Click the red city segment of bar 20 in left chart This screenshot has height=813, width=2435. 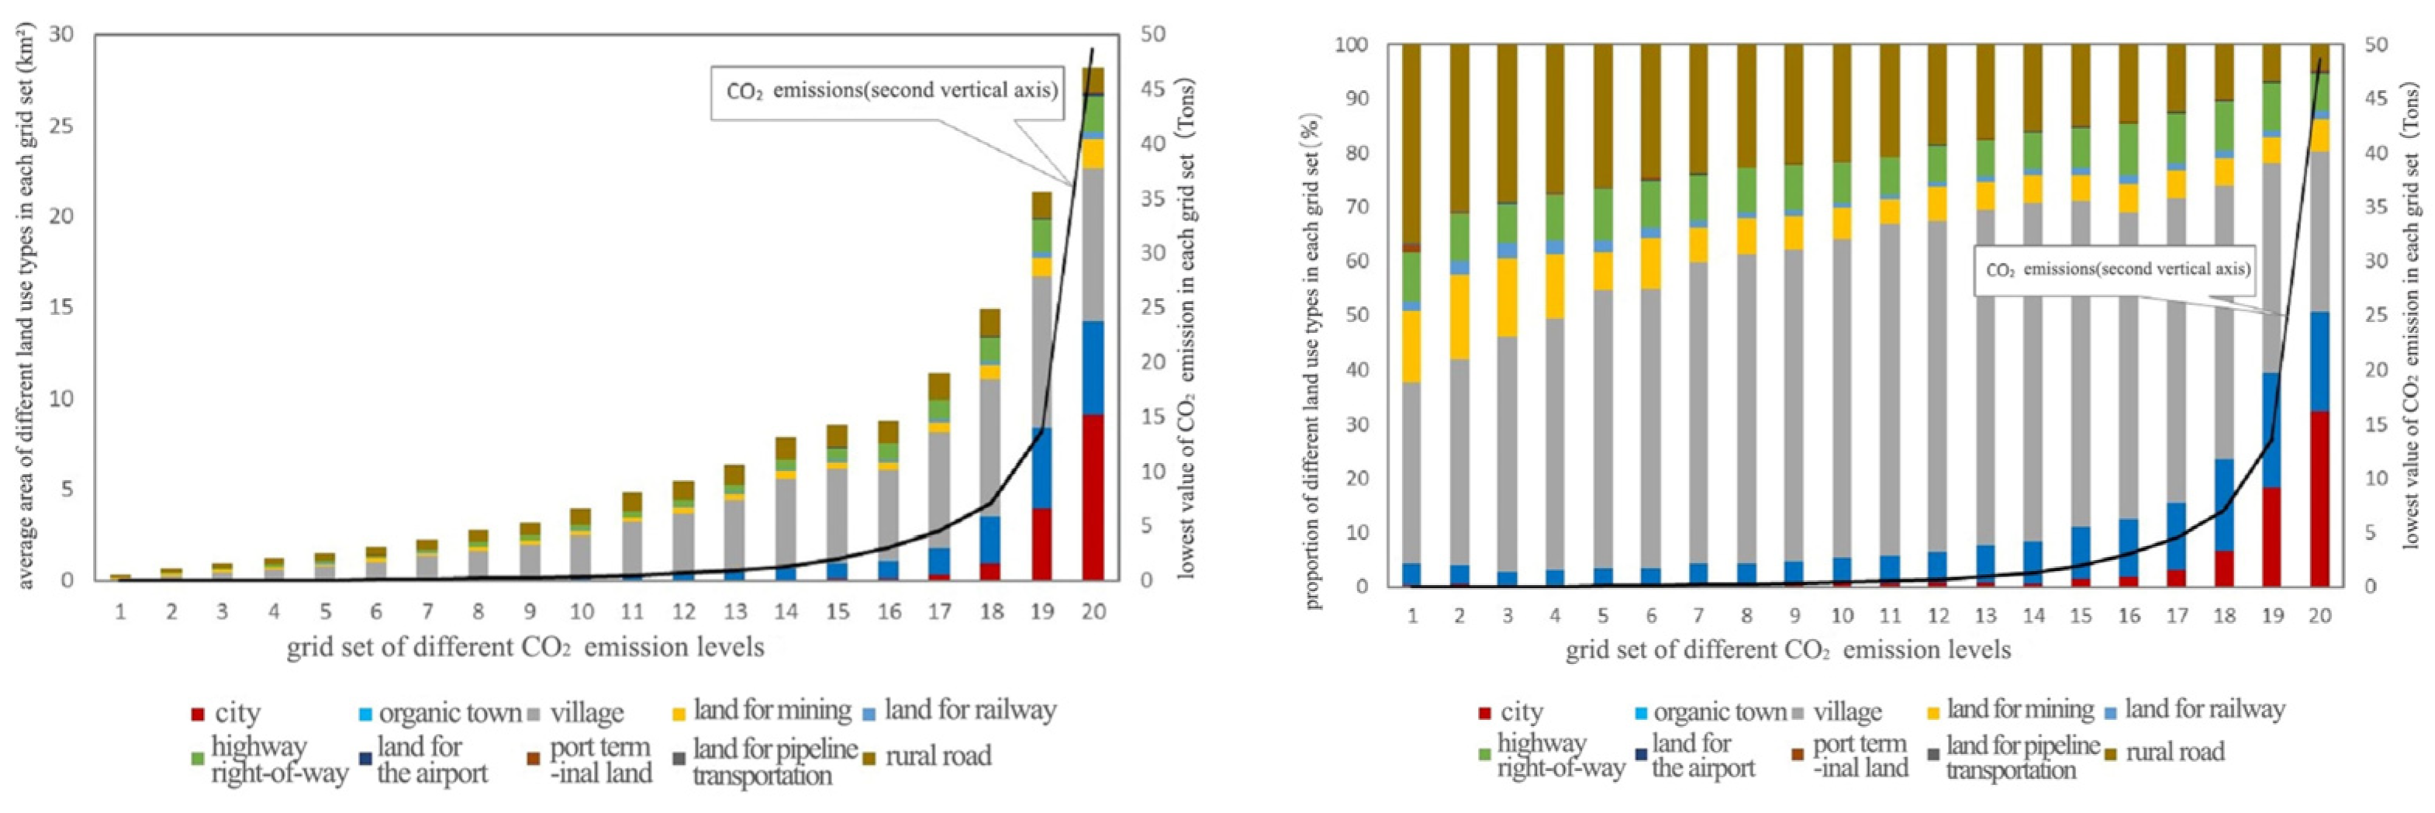click(x=1092, y=496)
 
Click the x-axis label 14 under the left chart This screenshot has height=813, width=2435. click(x=786, y=611)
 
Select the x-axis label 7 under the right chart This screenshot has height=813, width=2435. click(x=1698, y=615)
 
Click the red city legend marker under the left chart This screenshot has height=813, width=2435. click(x=198, y=714)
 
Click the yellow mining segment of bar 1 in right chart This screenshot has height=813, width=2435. click(x=1411, y=346)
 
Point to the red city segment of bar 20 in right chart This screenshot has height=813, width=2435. click(x=2319, y=498)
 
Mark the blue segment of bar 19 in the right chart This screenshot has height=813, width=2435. click(x=2271, y=430)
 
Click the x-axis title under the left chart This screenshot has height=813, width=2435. click(x=525, y=648)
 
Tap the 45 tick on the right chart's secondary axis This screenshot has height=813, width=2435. click(x=2375, y=99)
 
